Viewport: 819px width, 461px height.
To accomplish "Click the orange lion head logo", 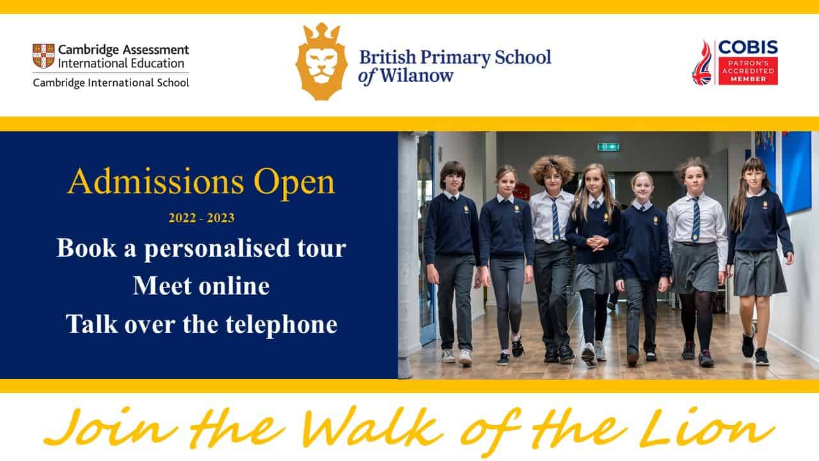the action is tap(321, 61).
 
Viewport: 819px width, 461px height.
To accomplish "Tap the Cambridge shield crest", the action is tap(44, 56).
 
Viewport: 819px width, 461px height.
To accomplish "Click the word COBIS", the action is tap(748, 47).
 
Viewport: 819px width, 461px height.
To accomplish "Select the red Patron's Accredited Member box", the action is tap(748, 71).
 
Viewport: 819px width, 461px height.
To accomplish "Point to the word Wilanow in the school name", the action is tap(417, 76).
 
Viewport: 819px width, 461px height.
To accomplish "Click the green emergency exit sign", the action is tap(608, 147).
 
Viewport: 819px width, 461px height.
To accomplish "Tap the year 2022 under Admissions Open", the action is tap(182, 218).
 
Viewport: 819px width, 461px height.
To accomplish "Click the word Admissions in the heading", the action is tap(155, 181).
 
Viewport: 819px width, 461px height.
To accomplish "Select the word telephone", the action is tap(281, 324).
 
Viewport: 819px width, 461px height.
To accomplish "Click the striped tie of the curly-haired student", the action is tap(555, 219).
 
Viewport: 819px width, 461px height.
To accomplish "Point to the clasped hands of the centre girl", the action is tap(598, 243).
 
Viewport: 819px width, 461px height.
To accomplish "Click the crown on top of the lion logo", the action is tap(321, 33).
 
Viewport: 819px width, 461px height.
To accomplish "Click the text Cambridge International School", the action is tap(111, 83).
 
